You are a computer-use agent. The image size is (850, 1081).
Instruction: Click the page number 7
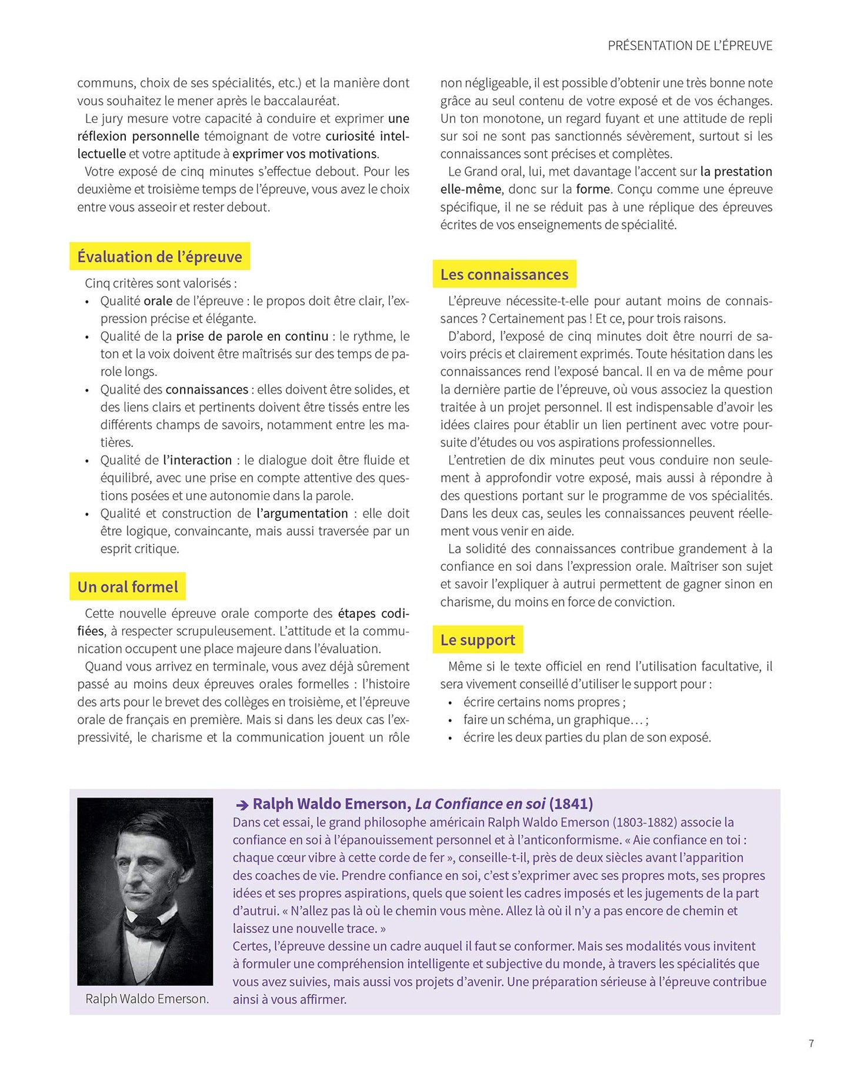811,1043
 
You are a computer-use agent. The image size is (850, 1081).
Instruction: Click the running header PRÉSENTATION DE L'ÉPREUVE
689,46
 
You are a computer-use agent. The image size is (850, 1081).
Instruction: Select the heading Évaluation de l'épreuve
159,257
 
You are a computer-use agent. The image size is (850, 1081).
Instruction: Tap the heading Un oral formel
128,587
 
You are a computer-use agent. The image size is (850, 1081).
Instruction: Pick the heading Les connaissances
504,275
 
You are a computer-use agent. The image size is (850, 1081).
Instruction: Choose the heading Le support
478,640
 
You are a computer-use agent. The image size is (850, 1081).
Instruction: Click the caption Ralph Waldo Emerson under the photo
147,999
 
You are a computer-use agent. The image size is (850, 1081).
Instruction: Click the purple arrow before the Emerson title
242,805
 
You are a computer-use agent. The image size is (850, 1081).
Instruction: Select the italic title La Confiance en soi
480,804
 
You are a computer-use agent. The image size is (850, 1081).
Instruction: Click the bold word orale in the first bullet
158,301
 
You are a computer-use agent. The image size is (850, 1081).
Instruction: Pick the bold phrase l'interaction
198,460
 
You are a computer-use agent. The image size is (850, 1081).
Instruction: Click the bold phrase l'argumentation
302,513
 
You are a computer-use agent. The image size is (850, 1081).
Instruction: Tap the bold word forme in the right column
593,189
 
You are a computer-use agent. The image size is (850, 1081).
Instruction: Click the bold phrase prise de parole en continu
252,336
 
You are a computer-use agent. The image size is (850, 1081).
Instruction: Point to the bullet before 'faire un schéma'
450,720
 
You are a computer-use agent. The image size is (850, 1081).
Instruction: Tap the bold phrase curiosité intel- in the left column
367,136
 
